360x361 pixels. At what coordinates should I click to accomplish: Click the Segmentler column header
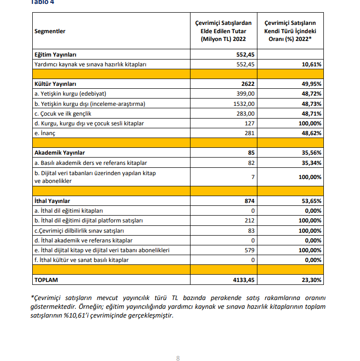pos(50,31)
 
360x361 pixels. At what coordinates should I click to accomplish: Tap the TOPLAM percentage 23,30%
pos(310,280)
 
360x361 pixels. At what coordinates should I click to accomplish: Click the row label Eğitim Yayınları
pos(55,54)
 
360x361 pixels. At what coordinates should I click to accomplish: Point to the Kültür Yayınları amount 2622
pos(248,84)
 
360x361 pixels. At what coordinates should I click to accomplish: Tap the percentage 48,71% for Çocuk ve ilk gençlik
pos(310,114)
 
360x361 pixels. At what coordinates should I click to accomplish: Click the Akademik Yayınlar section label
pos(60,153)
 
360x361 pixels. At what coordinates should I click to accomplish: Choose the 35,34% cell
pos(310,162)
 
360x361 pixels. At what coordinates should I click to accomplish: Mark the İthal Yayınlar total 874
pos(250,201)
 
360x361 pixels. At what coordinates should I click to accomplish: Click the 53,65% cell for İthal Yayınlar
pos(310,201)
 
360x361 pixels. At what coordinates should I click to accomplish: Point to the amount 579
pos(250,250)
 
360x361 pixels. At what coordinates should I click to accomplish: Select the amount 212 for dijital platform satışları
pos(250,221)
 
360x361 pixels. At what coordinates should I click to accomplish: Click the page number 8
pos(178,358)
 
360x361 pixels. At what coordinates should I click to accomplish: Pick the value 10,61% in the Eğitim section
pos(310,64)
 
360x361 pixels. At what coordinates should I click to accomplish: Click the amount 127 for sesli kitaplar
pos(250,123)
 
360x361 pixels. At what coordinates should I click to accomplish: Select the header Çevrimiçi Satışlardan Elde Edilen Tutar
pos(223,31)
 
